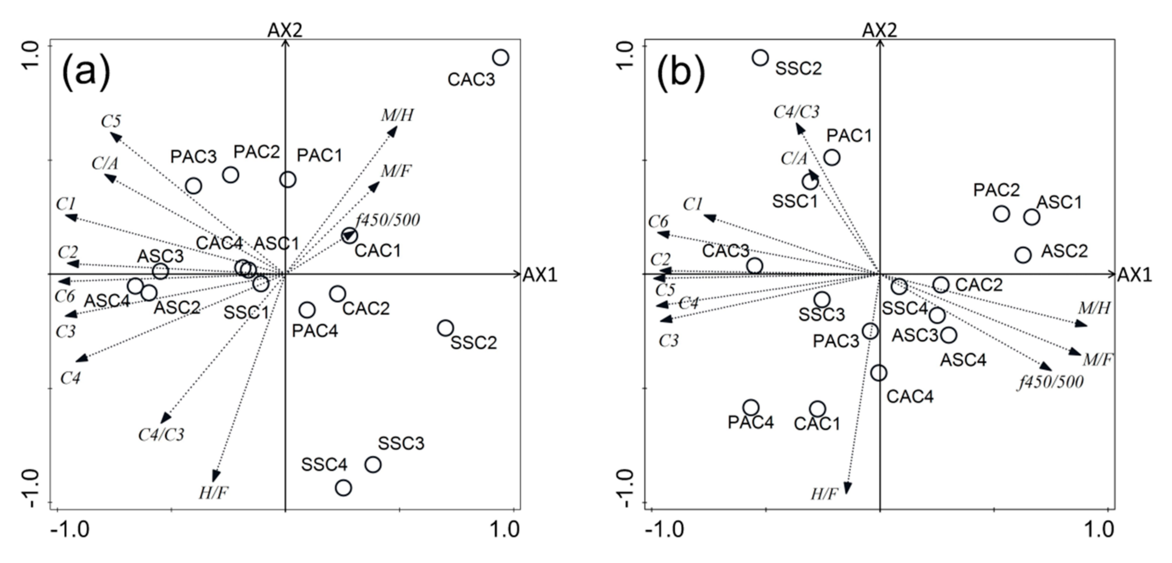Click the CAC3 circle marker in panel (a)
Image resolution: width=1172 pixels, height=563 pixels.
click(x=501, y=58)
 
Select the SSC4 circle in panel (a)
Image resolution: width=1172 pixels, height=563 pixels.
click(x=344, y=488)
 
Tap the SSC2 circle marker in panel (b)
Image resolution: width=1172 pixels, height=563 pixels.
click(x=760, y=58)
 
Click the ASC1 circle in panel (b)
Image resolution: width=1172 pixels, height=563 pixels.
click(x=1031, y=217)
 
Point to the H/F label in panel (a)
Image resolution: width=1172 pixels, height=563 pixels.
click(x=213, y=493)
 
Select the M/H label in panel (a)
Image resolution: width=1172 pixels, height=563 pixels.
click(x=397, y=115)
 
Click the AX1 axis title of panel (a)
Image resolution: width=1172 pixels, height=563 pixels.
click(x=540, y=275)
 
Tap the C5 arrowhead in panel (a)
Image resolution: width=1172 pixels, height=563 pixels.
click(x=115, y=137)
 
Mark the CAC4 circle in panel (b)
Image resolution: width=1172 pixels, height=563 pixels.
click(x=879, y=373)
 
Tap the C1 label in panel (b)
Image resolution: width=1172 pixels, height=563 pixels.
click(x=693, y=205)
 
